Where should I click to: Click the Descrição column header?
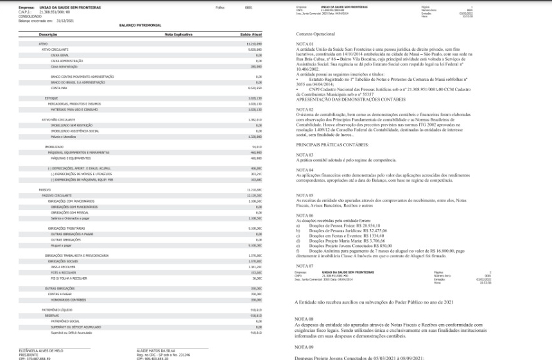[x=48, y=33]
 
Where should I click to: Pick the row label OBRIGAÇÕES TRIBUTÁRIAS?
[x=65, y=228]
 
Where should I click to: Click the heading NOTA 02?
[x=304, y=110]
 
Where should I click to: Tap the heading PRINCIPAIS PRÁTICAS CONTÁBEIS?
[x=332, y=146]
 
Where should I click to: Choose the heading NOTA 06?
[x=304, y=216]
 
